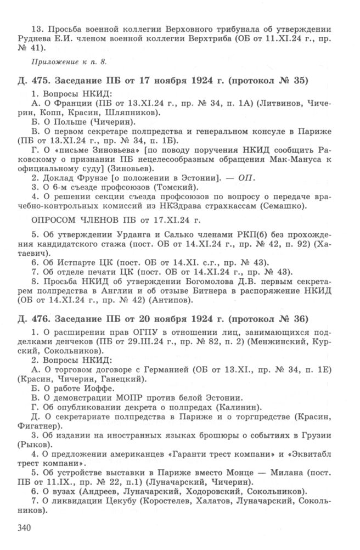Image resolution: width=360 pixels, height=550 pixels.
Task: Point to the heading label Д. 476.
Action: coord(32,319)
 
